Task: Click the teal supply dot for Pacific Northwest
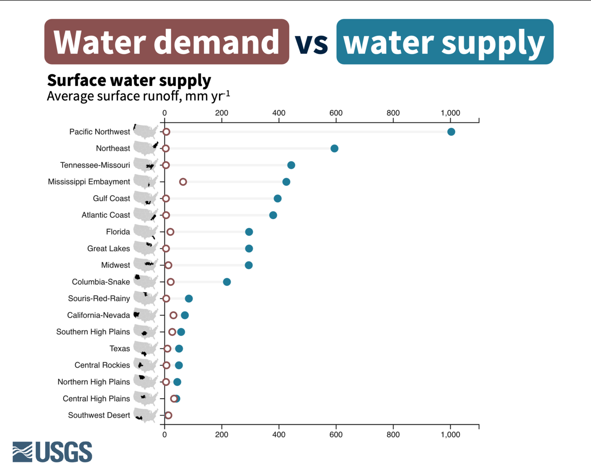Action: coord(451,132)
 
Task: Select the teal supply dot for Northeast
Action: coord(334,149)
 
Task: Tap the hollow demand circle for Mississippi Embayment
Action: coord(183,182)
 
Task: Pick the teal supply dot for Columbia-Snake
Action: coord(227,282)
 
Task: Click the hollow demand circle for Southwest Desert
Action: coord(168,415)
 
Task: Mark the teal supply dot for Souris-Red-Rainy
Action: coord(189,299)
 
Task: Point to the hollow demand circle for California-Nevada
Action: coord(173,315)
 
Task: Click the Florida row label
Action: coord(118,232)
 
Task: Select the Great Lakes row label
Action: coord(108,249)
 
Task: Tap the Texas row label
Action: coord(119,349)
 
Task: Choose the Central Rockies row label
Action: coord(102,365)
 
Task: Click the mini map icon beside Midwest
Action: coord(146,265)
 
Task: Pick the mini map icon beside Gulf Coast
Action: coord(146,199)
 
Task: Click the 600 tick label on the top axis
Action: coord(336,113)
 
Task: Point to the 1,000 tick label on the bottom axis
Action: coord(450,435)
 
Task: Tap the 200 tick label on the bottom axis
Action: coord(222,435)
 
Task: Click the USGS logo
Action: coord(52,452)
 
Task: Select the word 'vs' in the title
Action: coord(312,42)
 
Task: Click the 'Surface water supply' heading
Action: coord(129,81)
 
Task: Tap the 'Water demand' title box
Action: coord(167,42)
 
